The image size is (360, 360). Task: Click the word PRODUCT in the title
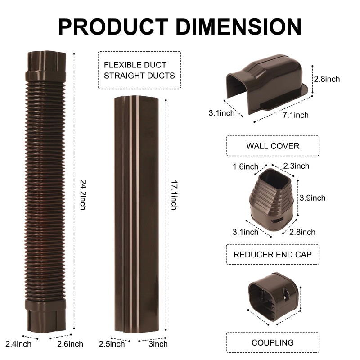click(x=113, y=27)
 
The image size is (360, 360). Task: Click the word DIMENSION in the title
click(x=238, y=27)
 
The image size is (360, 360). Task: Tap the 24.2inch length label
click(x=83, y=195)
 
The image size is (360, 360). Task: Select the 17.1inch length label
click(x=174, y=195)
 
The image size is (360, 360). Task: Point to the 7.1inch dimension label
click(x=296, y=115)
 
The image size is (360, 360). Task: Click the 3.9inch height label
click(x=312, y=198)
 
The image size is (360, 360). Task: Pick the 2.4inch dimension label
click(x=18, y=344)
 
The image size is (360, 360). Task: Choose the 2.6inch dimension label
click(x=70, y=344)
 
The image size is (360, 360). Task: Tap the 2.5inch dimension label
click(x=112, y=344)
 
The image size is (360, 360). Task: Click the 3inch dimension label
click(x=158, y=344)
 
